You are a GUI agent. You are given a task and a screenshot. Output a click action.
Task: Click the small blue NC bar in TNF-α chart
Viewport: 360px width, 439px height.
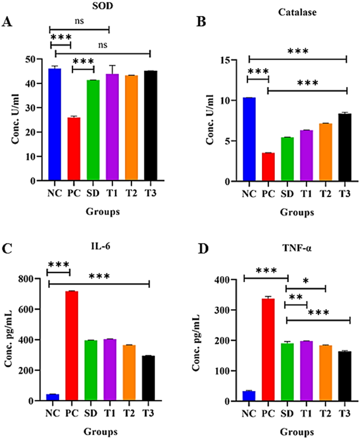(249, 396)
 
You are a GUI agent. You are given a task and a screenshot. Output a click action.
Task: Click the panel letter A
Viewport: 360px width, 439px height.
(7, 22)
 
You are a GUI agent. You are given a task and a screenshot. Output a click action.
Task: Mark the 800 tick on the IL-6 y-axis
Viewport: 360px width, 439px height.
(29, 279)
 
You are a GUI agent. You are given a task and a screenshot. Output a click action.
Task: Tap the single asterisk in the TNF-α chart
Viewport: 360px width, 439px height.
(305, 281)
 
